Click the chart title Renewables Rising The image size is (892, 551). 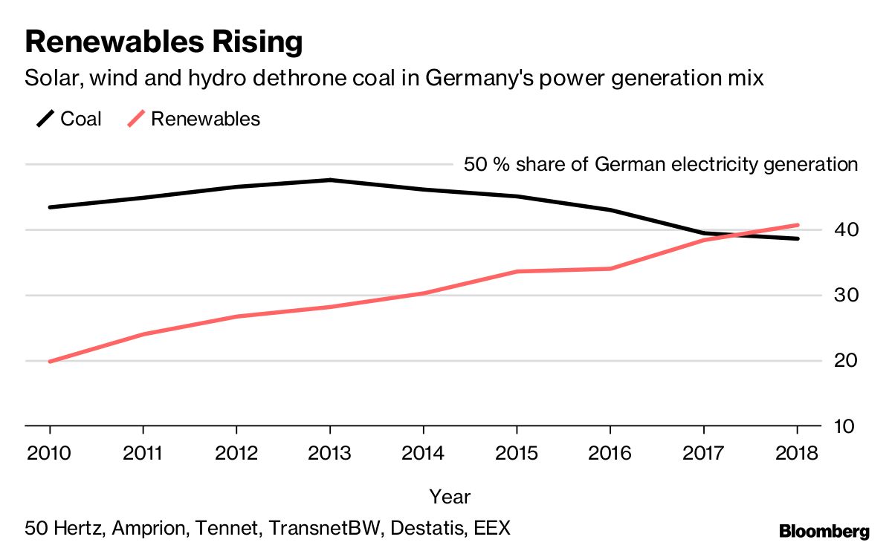pos(164,43)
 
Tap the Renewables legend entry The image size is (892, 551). pos(194,119)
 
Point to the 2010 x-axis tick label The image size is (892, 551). pos(50,453)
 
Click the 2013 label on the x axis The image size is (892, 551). pos(329,453)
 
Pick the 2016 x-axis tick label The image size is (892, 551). pos(610,453)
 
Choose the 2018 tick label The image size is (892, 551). pos(796,453)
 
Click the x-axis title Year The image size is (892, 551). pos(450,496)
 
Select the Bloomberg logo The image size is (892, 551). pos(824,531)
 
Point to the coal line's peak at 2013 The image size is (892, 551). pos(329,180)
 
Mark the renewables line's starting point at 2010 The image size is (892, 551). pos(50,362)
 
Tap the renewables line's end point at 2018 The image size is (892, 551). pos(797,225)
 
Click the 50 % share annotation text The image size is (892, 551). pos(660,164)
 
